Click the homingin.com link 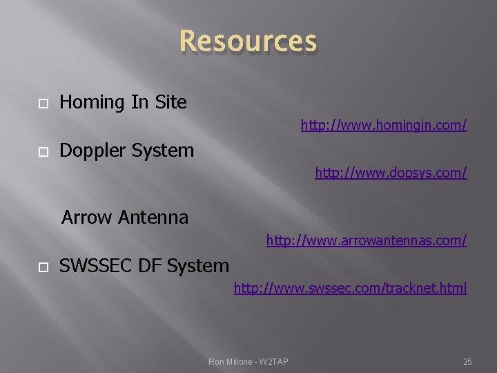[x=384, y=125]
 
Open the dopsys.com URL [x=391, y=172]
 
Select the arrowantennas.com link [x=367, y=240]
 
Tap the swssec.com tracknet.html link [x=350, y=287]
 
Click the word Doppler [x=92, y=151]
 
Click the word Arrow [x=87, y=218]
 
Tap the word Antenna [x=153, y=218]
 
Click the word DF [x=146, y=265]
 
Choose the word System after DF [x=197, y=265]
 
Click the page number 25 [x=467, y=361]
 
